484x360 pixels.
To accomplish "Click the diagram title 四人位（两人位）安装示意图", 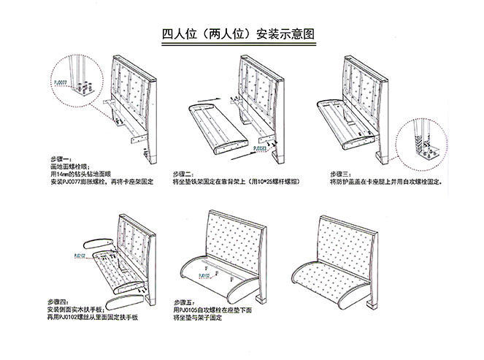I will tap(242, 34).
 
